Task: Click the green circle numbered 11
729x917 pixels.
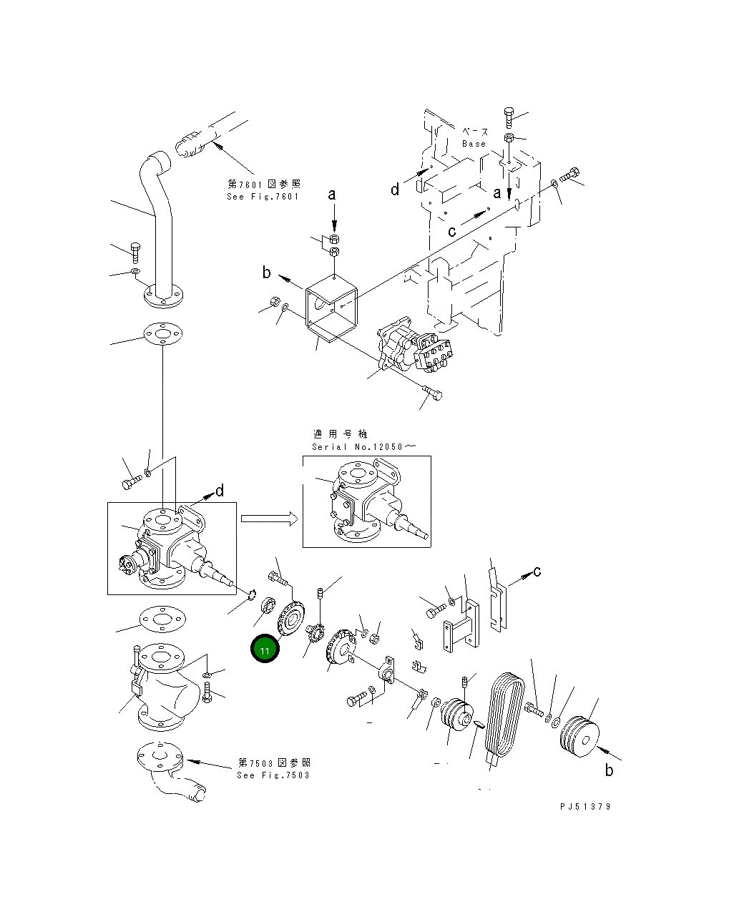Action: point(265,649)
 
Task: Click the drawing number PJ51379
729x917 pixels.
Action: point(585,806)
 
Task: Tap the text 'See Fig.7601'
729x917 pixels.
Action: point(263,197)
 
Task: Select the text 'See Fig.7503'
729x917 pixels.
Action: point(273,775)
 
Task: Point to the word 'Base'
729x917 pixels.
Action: point(474,144)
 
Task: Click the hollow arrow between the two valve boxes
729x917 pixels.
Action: point(268,519)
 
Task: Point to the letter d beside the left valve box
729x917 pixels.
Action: point(220,491)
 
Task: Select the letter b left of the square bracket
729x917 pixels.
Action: point(267,273)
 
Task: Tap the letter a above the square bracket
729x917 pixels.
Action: point(332,195)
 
